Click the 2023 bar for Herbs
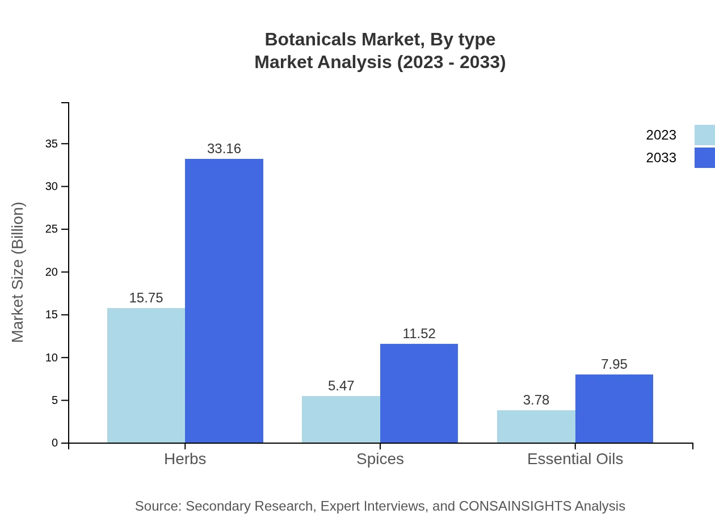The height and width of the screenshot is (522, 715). click(x=146, y=375)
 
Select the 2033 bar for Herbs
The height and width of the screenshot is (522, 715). click(x=224, y=301)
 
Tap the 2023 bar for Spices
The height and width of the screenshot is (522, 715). click(x=340, y=419)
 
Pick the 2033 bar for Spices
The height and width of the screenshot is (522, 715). click(x=419, y=393)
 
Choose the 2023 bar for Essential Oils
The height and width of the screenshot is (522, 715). click(x=536, y=426)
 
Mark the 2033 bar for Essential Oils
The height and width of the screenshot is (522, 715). click(x=614, y=409)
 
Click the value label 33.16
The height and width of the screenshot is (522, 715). click(x=224, y=149)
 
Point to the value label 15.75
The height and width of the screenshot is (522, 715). click(x=146, y=298)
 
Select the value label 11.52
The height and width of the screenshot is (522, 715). click(x=419, y=334)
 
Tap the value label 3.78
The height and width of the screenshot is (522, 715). click(x=536, y=400)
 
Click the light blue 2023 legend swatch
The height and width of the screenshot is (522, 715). click(x=704, y=135)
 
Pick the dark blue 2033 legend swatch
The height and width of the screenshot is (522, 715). click(x=704, y=158)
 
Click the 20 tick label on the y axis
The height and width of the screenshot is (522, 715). click(x=52, y=272)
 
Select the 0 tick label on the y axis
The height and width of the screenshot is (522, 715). click(x=55, y=443)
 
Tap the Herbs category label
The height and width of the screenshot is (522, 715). click(x=185, y=459)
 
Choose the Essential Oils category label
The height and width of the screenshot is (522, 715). click(x=575, y=459)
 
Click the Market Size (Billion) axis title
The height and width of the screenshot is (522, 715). click(x=18, y=272)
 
